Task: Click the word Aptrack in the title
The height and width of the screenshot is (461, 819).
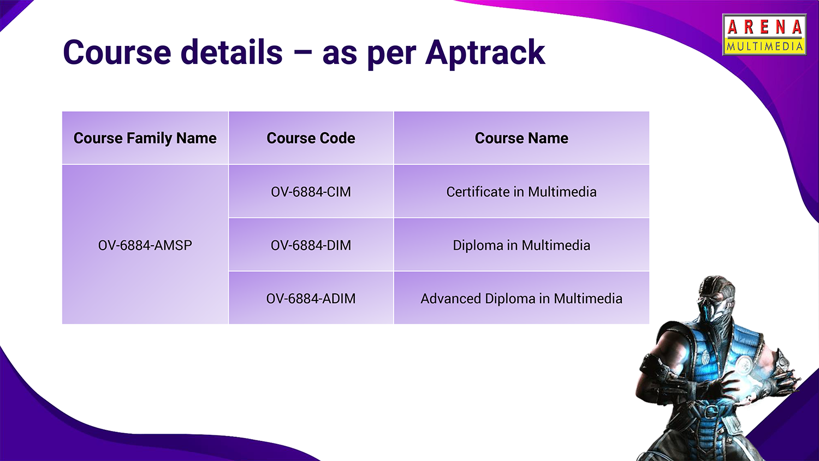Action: pos(485,52)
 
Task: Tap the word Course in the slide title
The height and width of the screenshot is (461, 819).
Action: pos(117,52)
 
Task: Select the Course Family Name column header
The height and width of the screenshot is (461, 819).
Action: pos(145,138)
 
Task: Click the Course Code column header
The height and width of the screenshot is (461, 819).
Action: pos(311,138)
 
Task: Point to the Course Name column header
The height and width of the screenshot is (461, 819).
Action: pos(521,138)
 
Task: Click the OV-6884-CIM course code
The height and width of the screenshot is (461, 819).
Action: pos(311,192)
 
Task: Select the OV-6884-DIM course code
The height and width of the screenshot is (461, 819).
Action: pos(311,245)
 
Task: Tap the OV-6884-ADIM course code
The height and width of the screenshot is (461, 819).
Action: pos(311,299)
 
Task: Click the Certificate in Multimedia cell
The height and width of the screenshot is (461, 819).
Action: pos(521,192)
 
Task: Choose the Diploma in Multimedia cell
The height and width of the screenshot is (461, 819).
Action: pos(521,245)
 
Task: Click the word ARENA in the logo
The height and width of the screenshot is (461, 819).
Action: pos(765,27)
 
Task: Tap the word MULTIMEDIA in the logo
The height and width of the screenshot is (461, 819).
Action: pos(764,46)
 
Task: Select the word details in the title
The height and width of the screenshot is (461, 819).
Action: pos(232,52)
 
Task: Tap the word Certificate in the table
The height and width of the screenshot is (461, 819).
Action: pos(478,192)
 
